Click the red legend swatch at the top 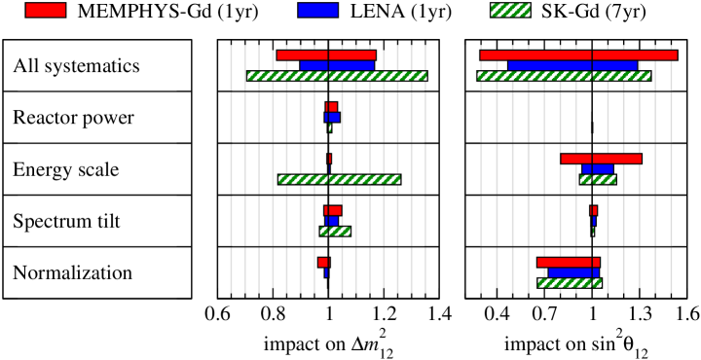point(46,10)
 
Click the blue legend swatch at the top point(317,10)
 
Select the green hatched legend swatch point(510,10)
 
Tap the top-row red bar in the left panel point(326,55)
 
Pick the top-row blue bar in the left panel point(337,65)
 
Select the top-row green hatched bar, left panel point(337,76)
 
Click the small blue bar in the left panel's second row point(332,117)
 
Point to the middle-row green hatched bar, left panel point(339,179)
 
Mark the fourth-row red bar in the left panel point(333,210)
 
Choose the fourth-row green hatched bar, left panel point(335,232)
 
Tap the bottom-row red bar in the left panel point(323,263)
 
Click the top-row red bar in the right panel point(578,55)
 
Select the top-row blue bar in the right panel point(572,65)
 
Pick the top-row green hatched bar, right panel point(564,76)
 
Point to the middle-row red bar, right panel point(601,159)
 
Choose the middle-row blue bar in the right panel point(598,169)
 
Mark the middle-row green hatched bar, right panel point(598,179)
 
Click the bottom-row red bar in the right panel point(569,263)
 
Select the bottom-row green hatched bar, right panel point(570,283)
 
